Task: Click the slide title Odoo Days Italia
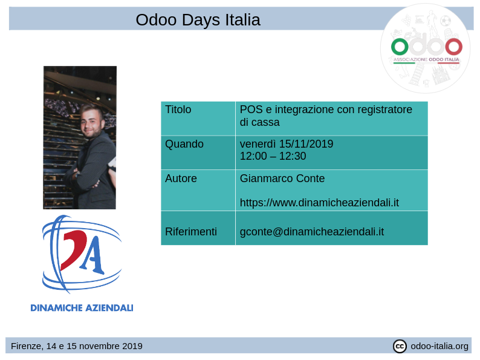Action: click(x=198, y=20)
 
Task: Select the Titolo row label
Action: click(x=178, y=110)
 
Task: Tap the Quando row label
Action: click(x=184, y=145)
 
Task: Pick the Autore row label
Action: click(x=181, y=179)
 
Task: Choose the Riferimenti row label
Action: click(x=190, y=232)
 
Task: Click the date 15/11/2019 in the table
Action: click(x=306, y=145)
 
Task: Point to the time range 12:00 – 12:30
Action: click(x=273, y=157)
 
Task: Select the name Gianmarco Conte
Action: click(x=282, y=179)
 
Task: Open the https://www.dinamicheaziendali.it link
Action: click(x=319, y=203)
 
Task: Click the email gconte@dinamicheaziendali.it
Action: click(x=311, y=232)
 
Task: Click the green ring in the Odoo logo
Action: click(x=400, y=47)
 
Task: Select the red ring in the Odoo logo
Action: click(x=453, y=47)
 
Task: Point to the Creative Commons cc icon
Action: click(x=400, y=346)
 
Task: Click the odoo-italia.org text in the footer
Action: click(x=439, y=346)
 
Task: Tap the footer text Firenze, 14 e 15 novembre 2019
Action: click(x=77, y=346)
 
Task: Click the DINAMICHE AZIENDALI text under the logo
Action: click(x=82, y=308)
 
